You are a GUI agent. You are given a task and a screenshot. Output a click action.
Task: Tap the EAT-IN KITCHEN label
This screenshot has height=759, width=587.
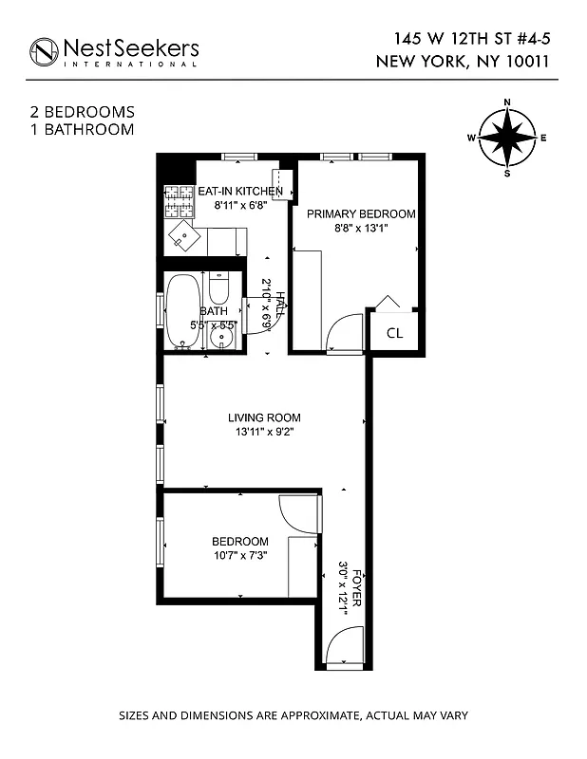239,191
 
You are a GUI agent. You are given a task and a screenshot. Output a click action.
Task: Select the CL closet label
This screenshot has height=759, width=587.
394,333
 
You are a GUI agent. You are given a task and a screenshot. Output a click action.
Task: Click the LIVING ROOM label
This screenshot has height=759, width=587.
264,417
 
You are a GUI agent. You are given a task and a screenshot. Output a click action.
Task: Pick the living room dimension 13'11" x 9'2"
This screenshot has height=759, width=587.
264,433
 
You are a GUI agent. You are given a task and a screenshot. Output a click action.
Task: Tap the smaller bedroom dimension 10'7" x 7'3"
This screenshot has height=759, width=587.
239,556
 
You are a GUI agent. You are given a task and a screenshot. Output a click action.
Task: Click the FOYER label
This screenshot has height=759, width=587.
357,589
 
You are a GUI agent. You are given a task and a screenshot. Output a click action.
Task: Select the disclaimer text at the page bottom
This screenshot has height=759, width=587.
293,715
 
